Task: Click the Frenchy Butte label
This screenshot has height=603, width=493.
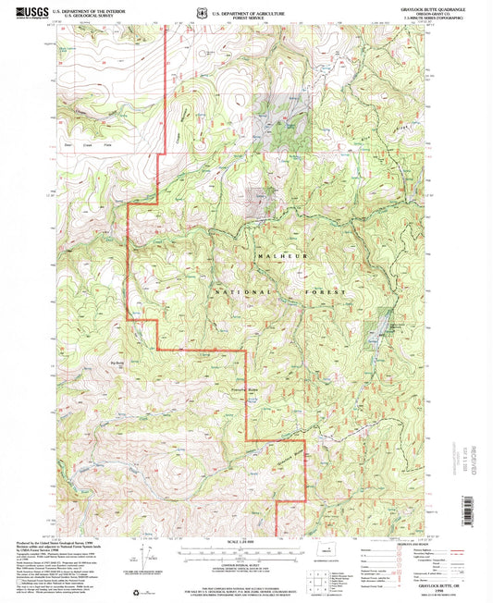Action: pyautogui.click(x=216, y=392)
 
